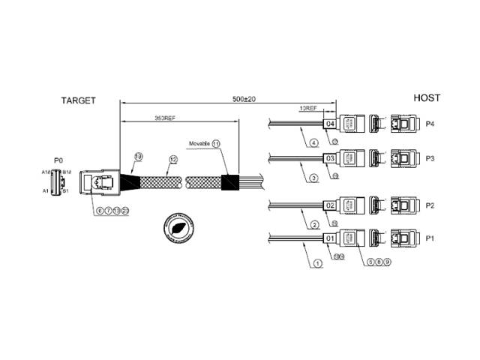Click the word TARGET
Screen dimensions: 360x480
(78, 100)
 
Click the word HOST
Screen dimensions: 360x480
(426, 98)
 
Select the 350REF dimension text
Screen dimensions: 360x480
(165, 118)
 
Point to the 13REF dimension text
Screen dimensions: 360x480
(307, 107)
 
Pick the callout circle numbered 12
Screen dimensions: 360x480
(172, 159)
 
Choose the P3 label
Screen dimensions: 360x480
(430, 158)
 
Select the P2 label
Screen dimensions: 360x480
(430, 205)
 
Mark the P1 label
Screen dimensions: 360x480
(430, 239)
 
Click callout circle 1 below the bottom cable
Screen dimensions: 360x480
(318, 263)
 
